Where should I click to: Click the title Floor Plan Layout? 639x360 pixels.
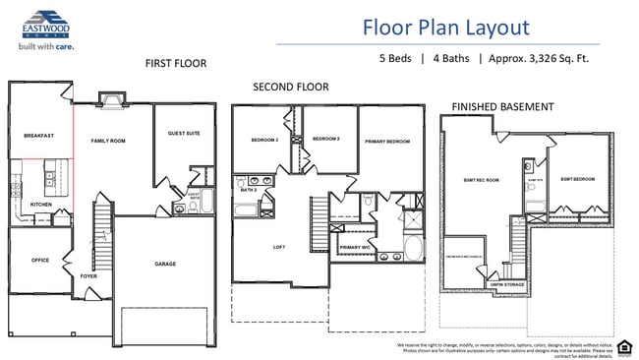point(445,28)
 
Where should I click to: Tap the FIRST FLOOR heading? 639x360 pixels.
point(176,64)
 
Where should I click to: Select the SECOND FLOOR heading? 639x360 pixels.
point(290,88)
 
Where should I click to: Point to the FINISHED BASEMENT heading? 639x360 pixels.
point(502,106)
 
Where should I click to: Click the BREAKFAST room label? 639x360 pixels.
point(38,136)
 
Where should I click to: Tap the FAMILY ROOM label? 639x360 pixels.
point(108,142)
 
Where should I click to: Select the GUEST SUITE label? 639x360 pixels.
point(184,133)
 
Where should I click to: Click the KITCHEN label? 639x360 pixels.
point(40,205)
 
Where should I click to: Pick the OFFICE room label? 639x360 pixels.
point(40,261)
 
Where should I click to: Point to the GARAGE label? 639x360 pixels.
point(164,264)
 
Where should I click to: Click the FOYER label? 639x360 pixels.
point(88,277)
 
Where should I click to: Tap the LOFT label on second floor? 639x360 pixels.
point(278,248)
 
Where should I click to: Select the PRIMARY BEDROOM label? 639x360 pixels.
point(387,142)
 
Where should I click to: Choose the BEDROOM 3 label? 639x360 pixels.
point(264,140)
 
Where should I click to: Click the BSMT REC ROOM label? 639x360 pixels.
point(482,180)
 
